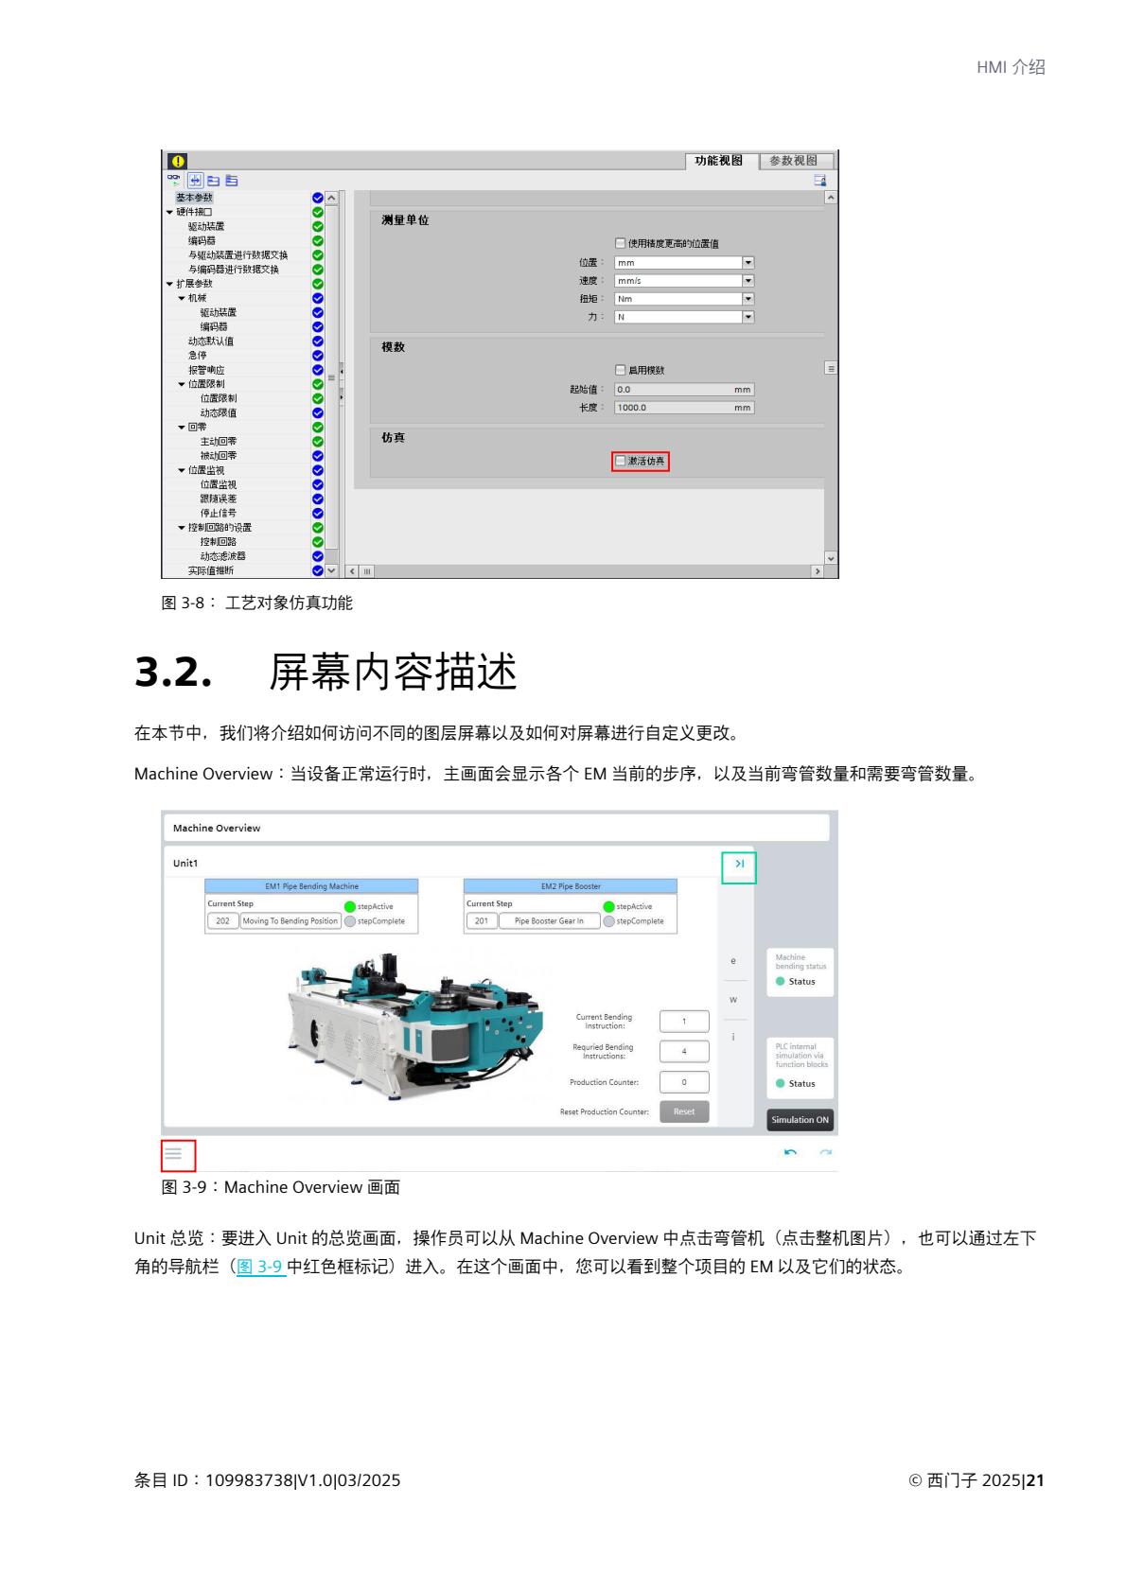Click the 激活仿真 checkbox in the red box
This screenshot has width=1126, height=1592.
pyautogui.click(x=622, y=462)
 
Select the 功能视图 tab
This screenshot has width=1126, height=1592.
pyautogui.click(x=719, y=161)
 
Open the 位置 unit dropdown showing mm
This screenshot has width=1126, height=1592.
pyautogui.click(x=748, y=263)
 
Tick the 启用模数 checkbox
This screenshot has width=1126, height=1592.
pyautogui.click(x=621, y=370)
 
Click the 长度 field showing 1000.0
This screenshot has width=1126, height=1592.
pyautogui.click(x=683, y=408)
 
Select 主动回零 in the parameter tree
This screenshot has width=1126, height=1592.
pyautogui.click(x=219, y=442)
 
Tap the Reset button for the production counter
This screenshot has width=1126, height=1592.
pyautogui.click(x=684, y=1112)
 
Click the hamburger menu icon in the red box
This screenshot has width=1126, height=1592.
pyautogui.click(x=173, y=1154)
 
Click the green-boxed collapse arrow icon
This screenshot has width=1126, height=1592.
pyautogui.click(x=739, y=864)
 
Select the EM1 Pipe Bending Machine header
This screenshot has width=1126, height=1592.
pyautogui.click(x=311, y=886)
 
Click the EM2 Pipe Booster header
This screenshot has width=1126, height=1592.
pyautogui.click(x=571, y=886)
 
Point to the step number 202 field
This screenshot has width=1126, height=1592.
pyautogui.click(x=222, y=921)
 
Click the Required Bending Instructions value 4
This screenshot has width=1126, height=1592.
pyautogui.click(x=684, y=1051)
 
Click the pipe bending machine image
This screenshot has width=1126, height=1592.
pyautogui.click(x=416, y=1022)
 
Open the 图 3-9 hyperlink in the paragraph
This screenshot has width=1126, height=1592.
pyautogui.click(x=260, y=1267)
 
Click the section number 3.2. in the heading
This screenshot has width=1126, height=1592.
pyautogui.click(x=171, y=673)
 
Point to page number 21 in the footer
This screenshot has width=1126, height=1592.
pyautogui.click(x=1035, y=1480)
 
